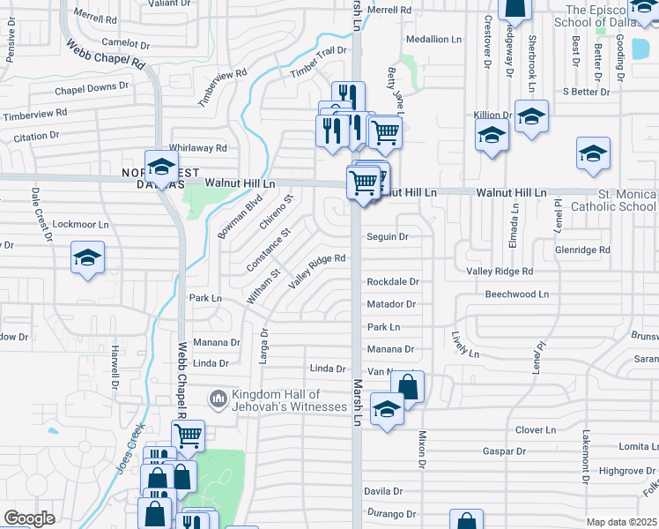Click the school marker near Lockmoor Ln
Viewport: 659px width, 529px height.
coord(87,257)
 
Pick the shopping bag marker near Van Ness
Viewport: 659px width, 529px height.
coord(408,385)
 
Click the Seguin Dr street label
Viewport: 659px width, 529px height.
coord(388,236)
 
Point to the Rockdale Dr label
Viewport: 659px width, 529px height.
coord(392,282)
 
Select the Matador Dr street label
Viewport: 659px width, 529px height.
coord(391,304)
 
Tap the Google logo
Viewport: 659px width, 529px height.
coord(29,518)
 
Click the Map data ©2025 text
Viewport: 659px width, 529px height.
coord(622,522)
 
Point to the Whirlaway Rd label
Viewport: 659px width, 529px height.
coord(198,148)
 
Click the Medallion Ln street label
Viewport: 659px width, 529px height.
coord(433,40)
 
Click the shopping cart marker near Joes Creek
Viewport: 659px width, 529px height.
coord(188,434)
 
